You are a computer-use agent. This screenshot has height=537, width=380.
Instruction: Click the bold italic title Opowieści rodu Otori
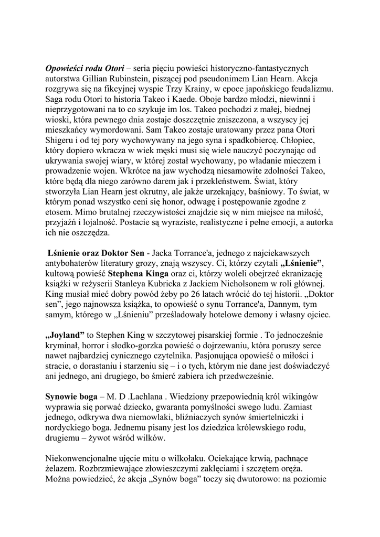coord(85,68)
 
